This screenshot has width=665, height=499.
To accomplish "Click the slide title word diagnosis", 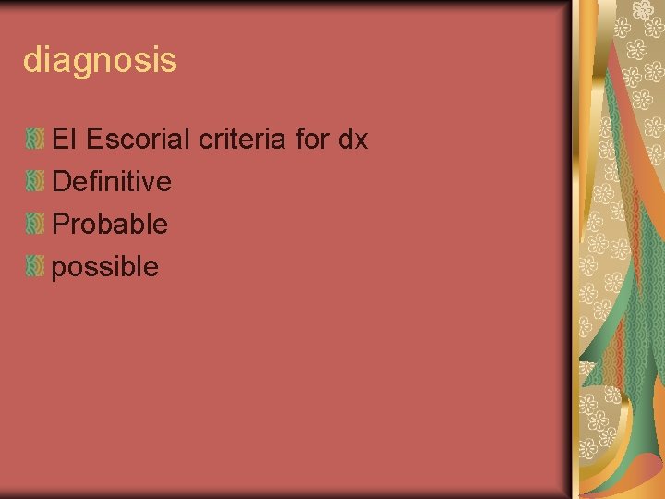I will point(100,62).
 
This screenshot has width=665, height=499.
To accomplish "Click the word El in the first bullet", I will point(64,140).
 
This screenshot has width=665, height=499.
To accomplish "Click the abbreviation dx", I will point(353,140).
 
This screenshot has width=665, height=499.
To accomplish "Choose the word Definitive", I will point(112,182).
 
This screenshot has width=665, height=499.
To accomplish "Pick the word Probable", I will point(110,224).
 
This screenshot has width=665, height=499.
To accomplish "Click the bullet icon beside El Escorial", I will point(35,140).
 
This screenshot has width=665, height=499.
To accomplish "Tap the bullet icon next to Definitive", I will point(35,183).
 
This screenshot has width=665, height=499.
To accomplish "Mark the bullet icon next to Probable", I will point(35,225).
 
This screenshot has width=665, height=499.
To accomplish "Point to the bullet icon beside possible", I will point(35,267).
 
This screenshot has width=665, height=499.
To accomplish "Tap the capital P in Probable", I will point(61,224).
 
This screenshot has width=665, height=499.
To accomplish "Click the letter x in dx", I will point(361,140).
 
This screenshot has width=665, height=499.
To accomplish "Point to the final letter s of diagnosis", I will point(169,63).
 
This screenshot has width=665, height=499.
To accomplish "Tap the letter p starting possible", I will point(60,269).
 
